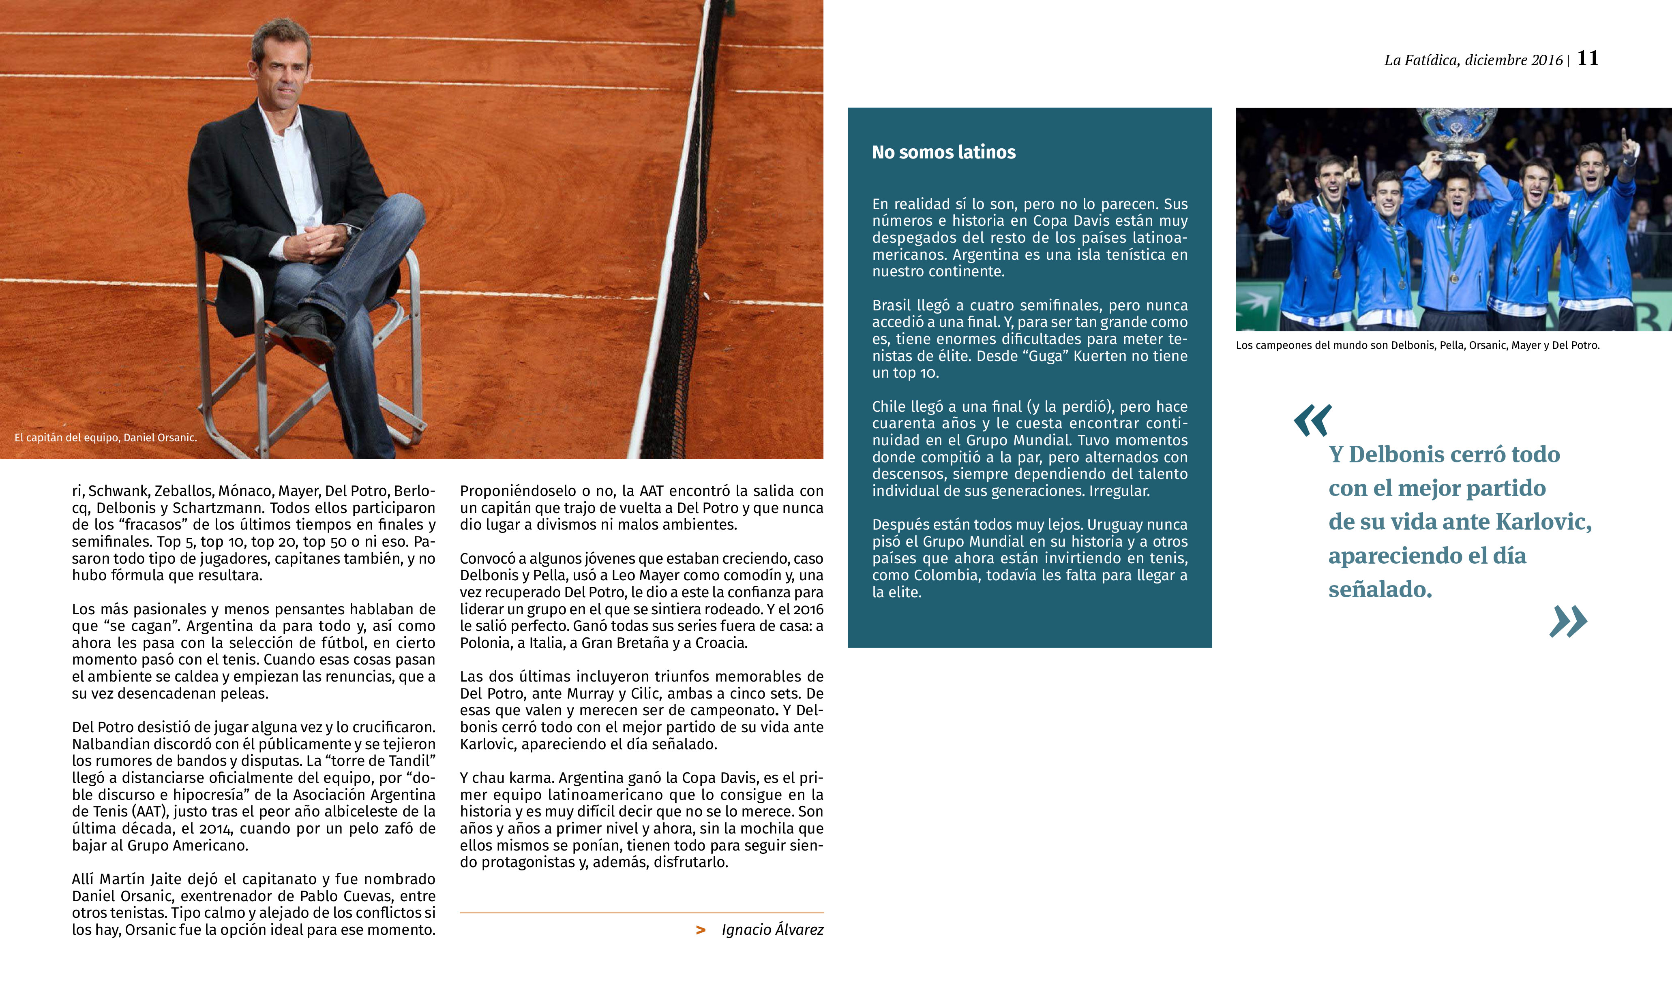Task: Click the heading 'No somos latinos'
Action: pos(943,152)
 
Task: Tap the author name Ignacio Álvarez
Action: pos(772,930)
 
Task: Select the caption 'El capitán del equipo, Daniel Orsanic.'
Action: pos(105,438)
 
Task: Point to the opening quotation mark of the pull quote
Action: pos(1312,421)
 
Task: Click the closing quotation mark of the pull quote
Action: pos(1568,622)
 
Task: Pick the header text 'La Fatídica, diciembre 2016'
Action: pos(1473,60)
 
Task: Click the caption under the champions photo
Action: pos(1417,346)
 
